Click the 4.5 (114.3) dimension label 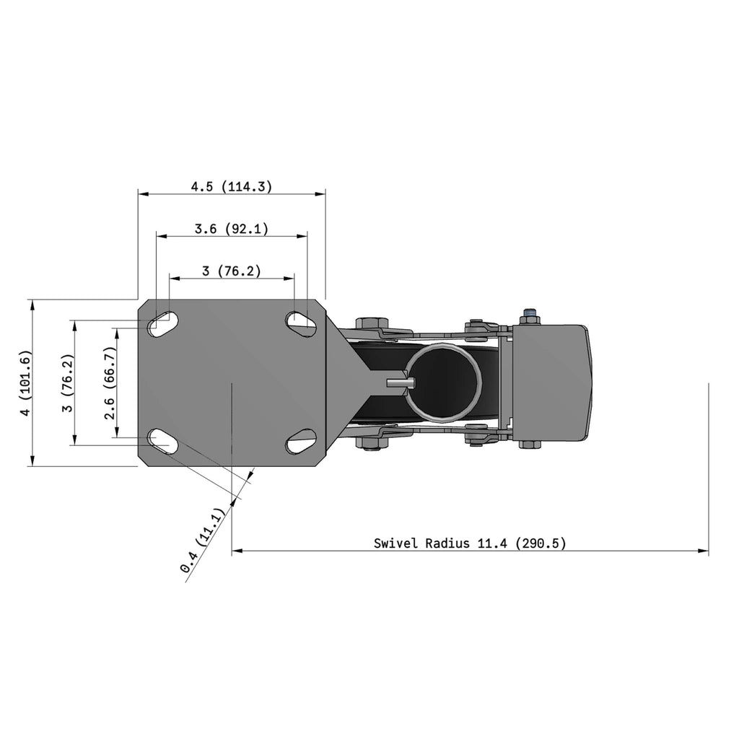[232, 187]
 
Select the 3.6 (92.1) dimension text [232, 229]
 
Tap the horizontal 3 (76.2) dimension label [232, 271]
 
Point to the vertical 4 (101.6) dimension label [25, 383]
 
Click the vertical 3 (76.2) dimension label [68, 383]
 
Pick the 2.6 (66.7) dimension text [110, 383]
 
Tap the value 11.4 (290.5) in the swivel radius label [522, 543]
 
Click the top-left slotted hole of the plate [163, 324]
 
